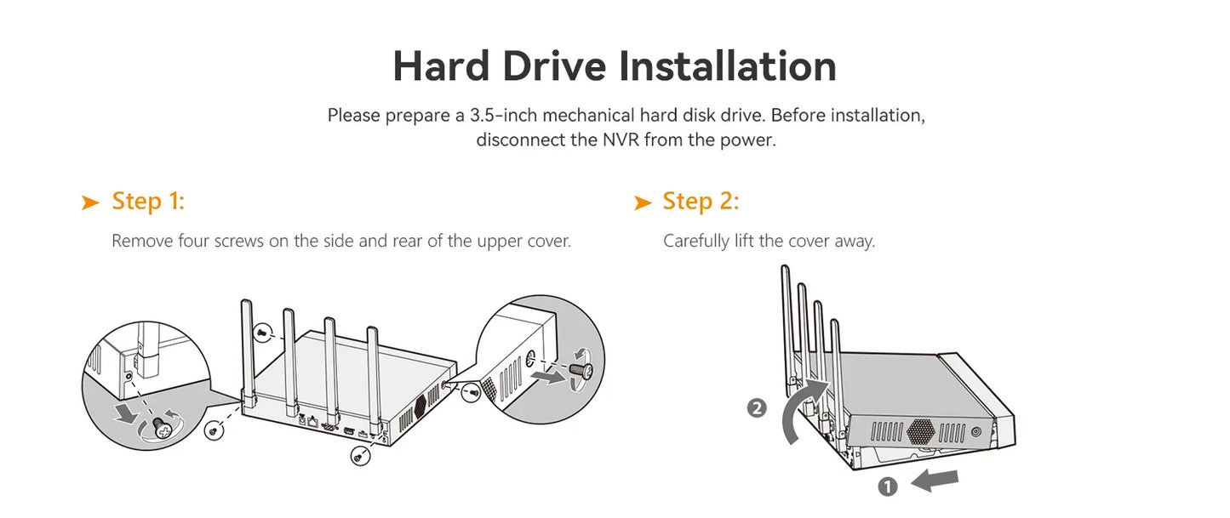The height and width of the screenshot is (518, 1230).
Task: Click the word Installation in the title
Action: [x=728, y=65]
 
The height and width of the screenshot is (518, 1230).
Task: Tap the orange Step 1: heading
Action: [x=148, y=201]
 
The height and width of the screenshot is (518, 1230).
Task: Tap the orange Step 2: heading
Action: [x=701, y=201]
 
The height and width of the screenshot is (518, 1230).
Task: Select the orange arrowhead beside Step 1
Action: [x=90, y=202]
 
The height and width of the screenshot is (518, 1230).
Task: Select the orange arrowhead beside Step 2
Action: [x=643, y=202]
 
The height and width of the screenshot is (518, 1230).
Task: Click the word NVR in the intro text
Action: [x=621, y=140]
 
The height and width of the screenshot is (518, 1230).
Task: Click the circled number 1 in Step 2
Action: [x=887, y=487]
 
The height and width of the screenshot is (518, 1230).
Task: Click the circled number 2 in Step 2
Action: [x=757, y=408]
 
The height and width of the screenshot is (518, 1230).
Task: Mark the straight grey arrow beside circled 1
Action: [x=935, y=481]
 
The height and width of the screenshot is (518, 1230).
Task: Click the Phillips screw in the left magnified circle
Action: [x=162, y=428]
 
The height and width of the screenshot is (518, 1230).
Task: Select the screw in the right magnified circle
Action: [x=581, y=371]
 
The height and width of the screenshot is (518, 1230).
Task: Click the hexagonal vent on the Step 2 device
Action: [x=920, y=431]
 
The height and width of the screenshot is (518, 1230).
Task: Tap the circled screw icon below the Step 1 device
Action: [x=360, y=455]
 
